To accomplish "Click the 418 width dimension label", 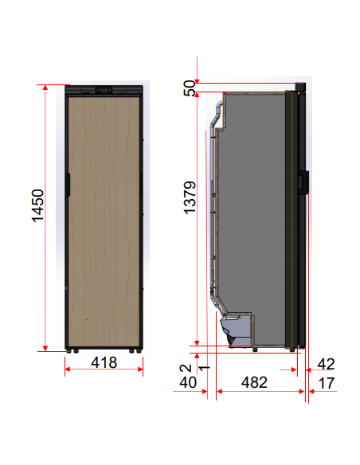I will [x=104, y=363].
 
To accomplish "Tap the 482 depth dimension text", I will [x=254, y=382].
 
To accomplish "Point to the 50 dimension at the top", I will [x=190, y=89].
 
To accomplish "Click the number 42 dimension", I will [x=326, y=364].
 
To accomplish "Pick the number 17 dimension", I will [x=326, y=383].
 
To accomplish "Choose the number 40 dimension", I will [x=188, y=383].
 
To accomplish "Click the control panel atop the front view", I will [x=104, y=89].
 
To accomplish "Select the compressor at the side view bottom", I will [x=237, y=326].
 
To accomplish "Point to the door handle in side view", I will [x=303, y=182].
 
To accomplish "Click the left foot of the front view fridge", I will [x=72, y=350].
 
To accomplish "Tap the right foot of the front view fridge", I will [x=137, y=350].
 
